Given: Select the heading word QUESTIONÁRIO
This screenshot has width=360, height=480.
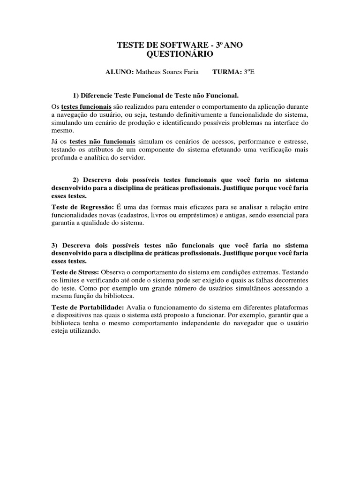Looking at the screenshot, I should click(x=180, y=54).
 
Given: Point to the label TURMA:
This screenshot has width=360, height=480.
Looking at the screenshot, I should click(x=227, y=72).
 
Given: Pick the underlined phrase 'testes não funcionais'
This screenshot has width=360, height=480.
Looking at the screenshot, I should click(x=103, y=141).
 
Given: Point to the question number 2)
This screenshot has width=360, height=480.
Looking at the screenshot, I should click(x=77, y=180).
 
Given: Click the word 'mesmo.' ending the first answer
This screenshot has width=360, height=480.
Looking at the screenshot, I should click(x=61, y=132).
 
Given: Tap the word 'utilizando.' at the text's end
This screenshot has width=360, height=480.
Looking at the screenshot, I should click(x=85, y=331).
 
